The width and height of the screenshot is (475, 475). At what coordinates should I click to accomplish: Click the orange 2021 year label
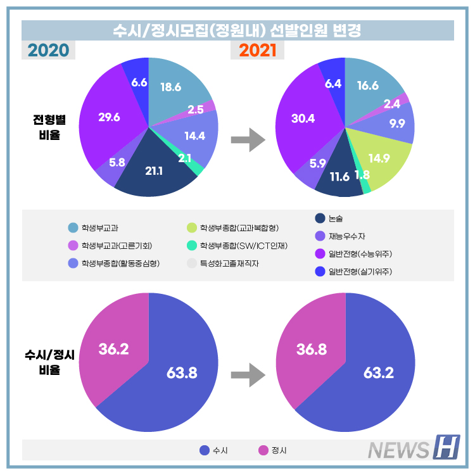point(258,50)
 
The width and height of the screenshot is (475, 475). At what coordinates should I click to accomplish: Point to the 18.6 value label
point(171,87)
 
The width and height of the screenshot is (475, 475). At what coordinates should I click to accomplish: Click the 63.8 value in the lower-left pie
point(181,372)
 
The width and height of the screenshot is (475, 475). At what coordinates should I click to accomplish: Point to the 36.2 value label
point(113,348)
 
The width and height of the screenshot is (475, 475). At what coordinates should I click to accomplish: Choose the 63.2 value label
point(378,372)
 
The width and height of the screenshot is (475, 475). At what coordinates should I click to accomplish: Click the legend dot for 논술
point(320,218)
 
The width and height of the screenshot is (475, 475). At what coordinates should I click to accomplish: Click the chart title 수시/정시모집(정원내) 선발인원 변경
point(237,30)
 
